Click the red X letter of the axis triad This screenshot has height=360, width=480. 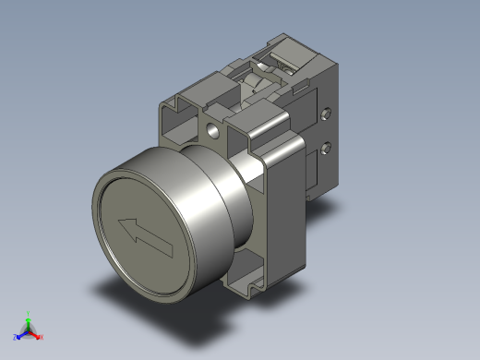[42, 337]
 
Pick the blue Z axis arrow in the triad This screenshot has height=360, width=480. [21, 334]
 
